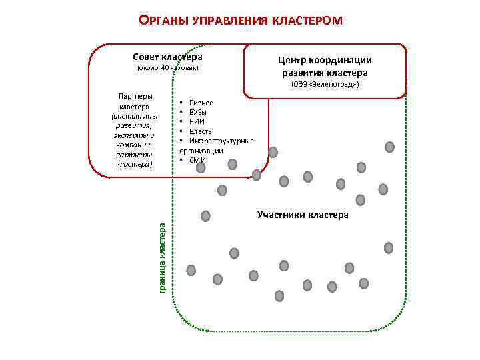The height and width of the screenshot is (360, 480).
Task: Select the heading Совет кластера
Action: click(167, 57)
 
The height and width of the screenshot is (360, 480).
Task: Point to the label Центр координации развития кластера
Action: click(325, 66)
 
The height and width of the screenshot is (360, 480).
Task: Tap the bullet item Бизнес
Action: click(201, 103)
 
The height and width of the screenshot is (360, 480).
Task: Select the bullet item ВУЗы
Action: click(198, 112)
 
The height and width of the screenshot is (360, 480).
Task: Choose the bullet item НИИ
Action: click(197, 121)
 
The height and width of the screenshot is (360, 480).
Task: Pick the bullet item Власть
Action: click(200, 131)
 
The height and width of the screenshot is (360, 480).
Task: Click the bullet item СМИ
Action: click(197, 160)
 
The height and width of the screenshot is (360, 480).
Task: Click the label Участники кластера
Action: click(303, 215)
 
